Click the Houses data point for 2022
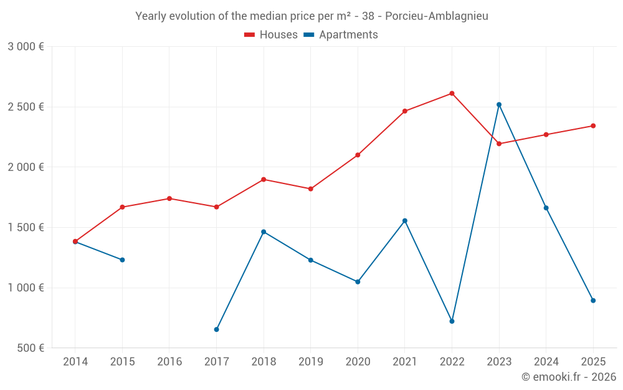(452, 94)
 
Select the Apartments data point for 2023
(499, 105)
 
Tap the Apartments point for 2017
(216, 329)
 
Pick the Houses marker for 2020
(358, 155)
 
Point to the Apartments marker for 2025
(593, 301)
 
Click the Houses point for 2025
(593, 126)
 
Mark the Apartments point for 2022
(452, 321)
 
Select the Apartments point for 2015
(122, 260)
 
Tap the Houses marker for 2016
(169, 198)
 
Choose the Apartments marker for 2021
(405, 221)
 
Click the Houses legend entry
(271, 35)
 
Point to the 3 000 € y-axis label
(26, 47)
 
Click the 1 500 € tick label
(26, 227)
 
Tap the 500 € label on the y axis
(30, 348)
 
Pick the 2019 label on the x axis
(310, 361)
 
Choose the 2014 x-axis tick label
(75, 361)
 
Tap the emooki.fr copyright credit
(568, 377)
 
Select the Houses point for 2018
(264, 180)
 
